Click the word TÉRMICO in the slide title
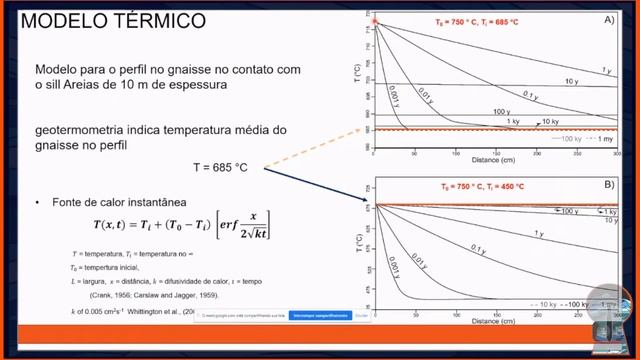coord(161,20)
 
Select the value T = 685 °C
coord(219,166)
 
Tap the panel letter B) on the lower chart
coord(610,185)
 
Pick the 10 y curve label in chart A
coord(570,81)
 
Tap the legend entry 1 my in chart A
coord(606,140)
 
